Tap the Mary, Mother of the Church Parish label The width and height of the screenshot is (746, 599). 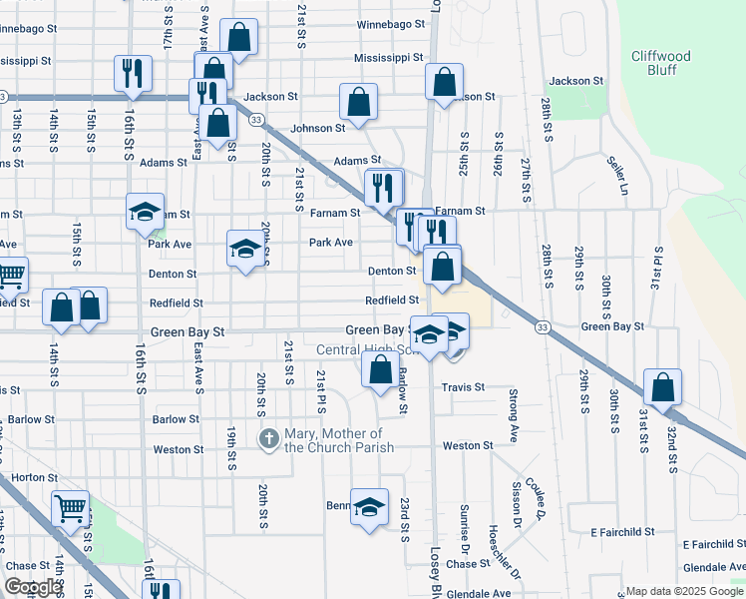tap(333, 439)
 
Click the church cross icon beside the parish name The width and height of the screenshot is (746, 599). tap(268, 438)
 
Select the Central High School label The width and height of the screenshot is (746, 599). tap(365, 350)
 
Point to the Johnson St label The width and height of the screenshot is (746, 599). tap(317, 128)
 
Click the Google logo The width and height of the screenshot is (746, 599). tap(33, 587)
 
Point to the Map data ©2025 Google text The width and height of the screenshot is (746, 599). tap(684, 591)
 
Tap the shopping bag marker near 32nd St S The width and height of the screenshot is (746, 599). tap(662, 386)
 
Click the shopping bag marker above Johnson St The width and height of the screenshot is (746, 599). tap(358, 101)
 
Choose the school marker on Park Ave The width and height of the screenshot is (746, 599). tap(244, 248)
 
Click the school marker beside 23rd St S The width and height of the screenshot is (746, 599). tap(369, 506)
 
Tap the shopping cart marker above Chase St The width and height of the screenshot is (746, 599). tap(70, 508)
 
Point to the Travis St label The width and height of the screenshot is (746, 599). tap(465, 386)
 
